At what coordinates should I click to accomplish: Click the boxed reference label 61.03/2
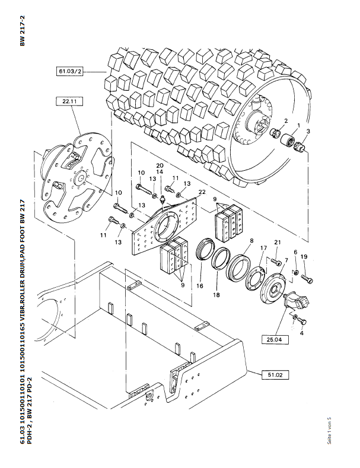[x=69, y=72]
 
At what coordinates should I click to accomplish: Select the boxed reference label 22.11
[x=69, y=101]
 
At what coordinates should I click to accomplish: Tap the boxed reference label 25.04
[x=275, y=339]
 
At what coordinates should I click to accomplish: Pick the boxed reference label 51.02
[x=275, y=375]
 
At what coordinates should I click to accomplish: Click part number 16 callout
[x=200, y=286]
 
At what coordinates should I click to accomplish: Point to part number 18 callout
[x=216, y=295]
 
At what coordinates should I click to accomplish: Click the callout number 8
[x=251, y=240]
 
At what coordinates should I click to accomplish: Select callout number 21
[x=278, y=243]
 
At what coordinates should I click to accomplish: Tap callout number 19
[x=304, y=256]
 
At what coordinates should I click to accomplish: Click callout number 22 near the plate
[x=202, y=192]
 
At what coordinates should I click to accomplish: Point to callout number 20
[x=160, y=165]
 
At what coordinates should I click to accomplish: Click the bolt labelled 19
[x=307, y=279]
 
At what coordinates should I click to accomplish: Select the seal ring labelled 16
[x=205, y=249]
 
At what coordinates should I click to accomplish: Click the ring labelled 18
[x=221, y=259]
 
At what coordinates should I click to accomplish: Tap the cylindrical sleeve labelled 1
[x=287, y=139]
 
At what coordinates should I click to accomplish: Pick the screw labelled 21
[x=276, y=262]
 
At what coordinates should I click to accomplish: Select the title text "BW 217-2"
[x=23, y=31]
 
